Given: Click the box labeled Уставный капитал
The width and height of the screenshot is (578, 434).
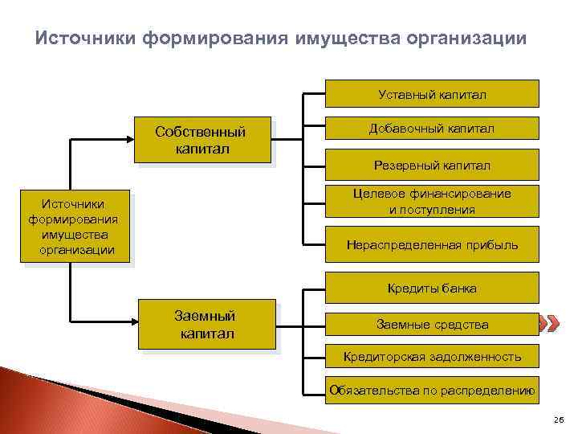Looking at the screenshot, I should pyautogui.click(x=432, y=94).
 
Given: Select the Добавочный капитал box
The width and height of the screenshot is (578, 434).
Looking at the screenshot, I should pyautogui.click(x=432, y=129).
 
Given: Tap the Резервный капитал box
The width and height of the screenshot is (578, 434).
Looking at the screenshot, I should pyautogui.click(x=432, y=165).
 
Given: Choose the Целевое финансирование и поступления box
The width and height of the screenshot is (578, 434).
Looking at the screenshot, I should pyautogui.click(x=432, y=202).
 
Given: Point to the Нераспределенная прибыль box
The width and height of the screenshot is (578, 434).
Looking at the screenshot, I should pyautogui.click(x=432, y=244).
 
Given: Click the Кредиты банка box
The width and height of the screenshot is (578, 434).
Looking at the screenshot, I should pyautogui.click(x=432, y=288).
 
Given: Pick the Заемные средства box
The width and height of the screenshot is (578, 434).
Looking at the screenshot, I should pyautogui.click(x=432, y=325).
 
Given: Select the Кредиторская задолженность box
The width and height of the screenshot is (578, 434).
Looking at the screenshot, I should pyautogui.click(x=432, y=356).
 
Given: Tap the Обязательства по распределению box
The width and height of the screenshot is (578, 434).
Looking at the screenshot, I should pyautogui.click(x=432, y=391).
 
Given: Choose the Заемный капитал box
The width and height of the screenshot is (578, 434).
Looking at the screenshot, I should pyautogui.click(x=206, y=324).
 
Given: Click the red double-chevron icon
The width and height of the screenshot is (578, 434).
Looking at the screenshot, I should pyautogui.click(x=548, y=325).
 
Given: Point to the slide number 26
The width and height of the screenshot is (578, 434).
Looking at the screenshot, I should pyautogui.click(x=559, y=420).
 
